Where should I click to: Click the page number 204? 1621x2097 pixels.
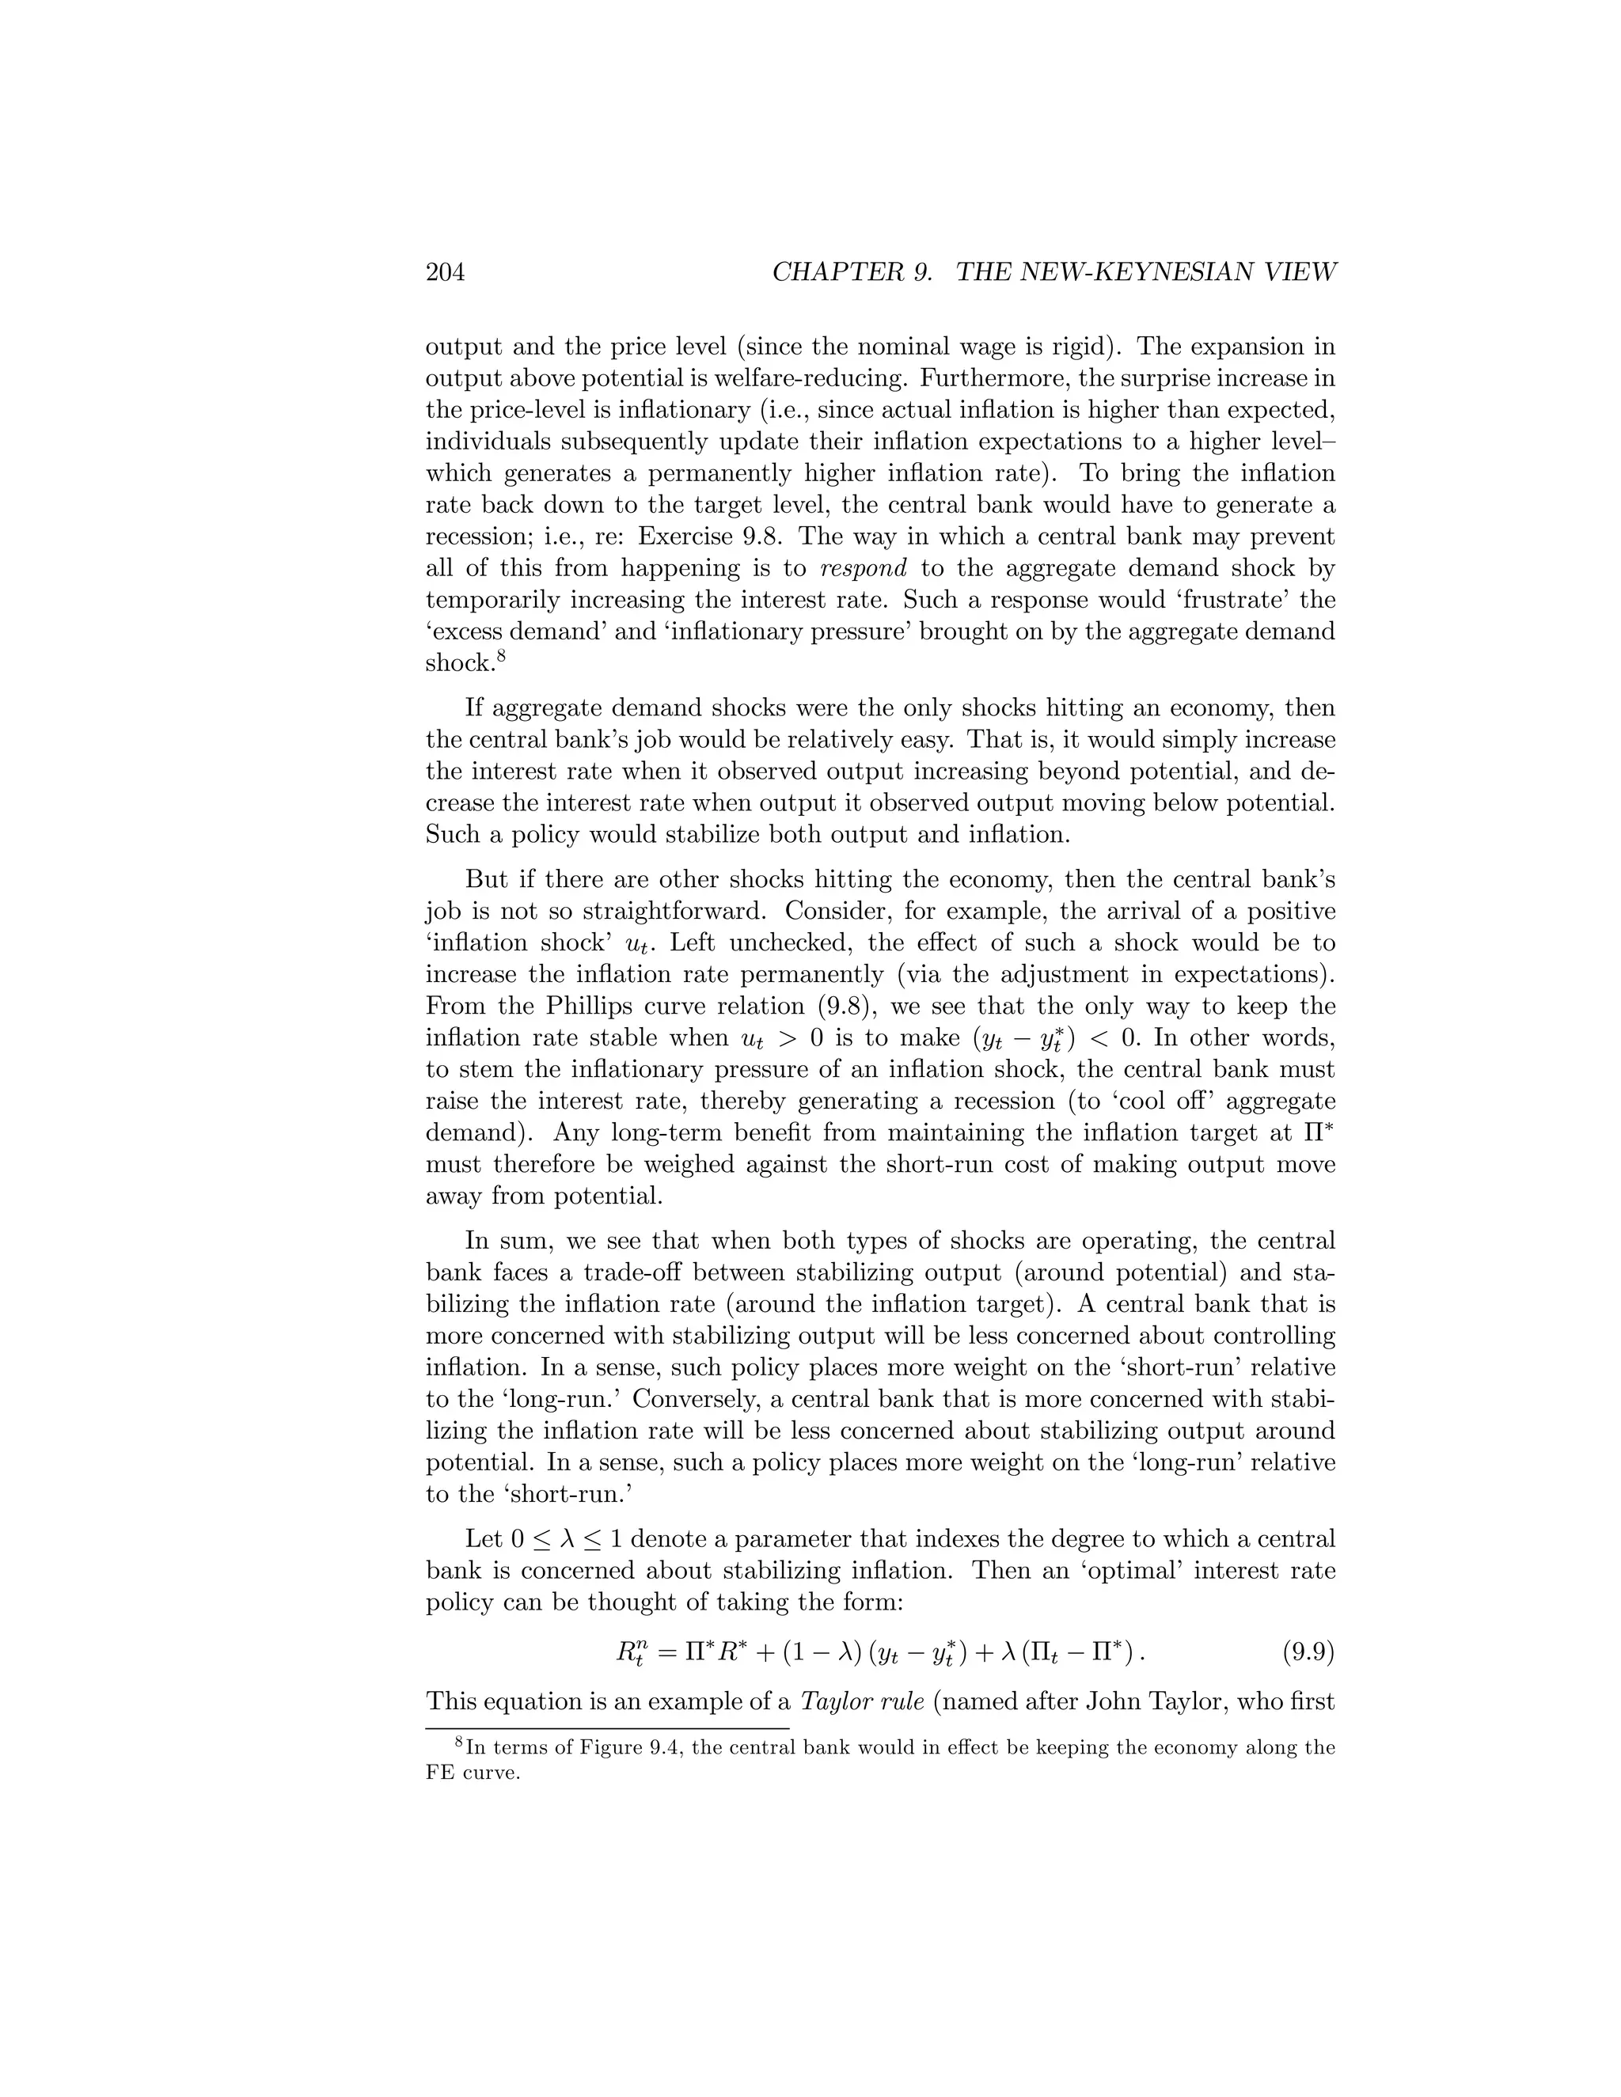coord(446,273)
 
